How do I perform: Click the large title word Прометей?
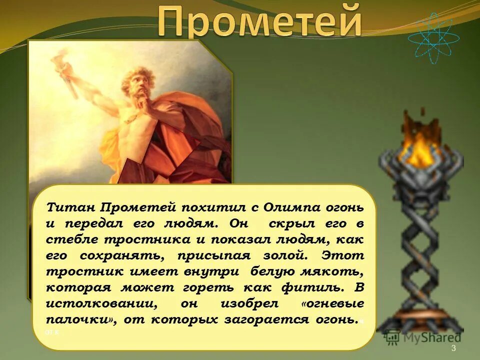[x=259, y=20]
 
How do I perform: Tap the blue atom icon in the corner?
[x=433, y=37]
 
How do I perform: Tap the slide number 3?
[x=453, y=348]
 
